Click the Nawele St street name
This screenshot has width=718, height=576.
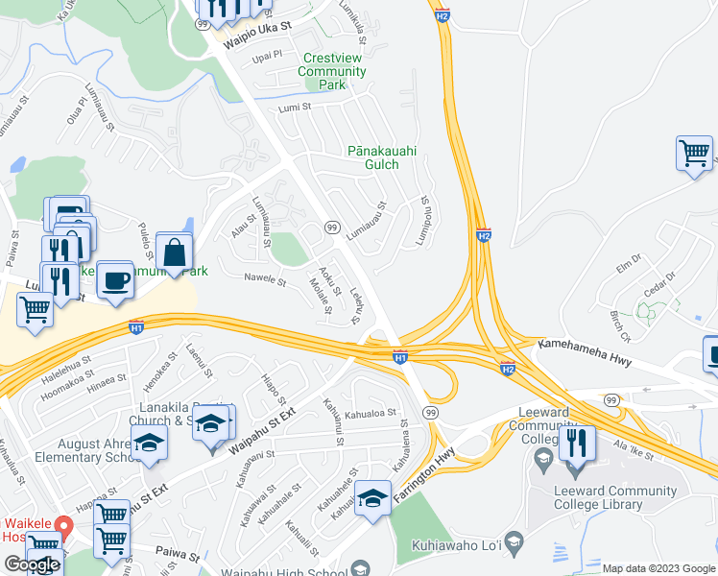point(266,281)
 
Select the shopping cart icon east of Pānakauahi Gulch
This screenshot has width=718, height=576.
point(694,153)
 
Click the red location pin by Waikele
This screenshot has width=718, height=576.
point(64,526)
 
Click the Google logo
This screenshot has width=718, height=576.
point(32,564)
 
